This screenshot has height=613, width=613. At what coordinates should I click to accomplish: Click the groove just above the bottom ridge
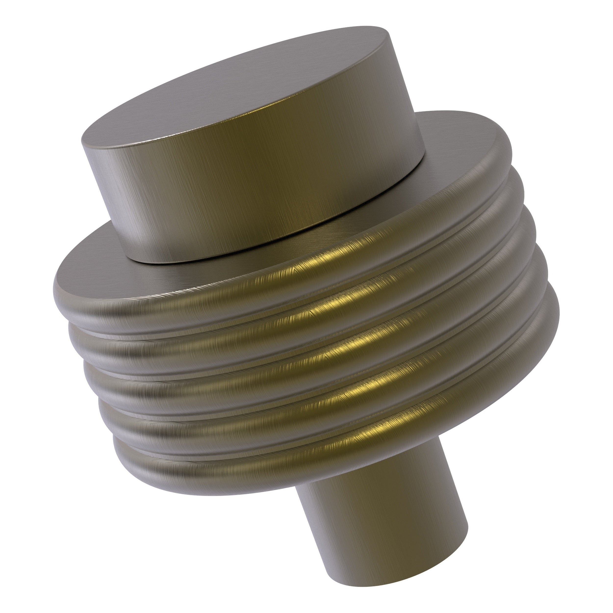point(222,441)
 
